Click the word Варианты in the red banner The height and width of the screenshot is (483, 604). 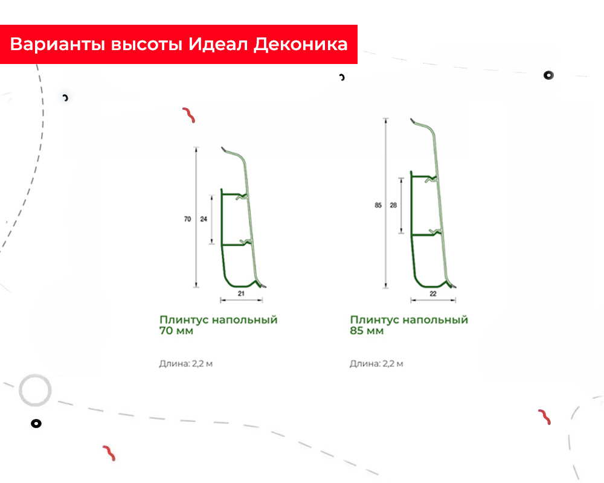[x=57, y=45]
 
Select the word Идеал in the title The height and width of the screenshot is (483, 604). [x=217, y=45]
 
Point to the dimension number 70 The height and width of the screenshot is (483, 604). [x=188, y=219]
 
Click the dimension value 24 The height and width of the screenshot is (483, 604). [x=204, y=219]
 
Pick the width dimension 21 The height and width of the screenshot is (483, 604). [x=241, y=293]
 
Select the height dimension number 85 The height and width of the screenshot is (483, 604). [x=378, y=205]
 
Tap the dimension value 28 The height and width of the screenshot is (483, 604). [x=393, y=205]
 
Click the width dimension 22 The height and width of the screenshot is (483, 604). [x=433, y=294]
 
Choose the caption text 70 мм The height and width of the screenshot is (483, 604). [x=176, y=331]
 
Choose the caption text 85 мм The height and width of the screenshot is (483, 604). [x=367, y=331]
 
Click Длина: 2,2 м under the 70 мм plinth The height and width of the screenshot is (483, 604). [x=185, y=363]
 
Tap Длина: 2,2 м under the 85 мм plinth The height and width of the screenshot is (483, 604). [x=376, y=363]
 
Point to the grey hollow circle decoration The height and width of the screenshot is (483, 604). [x=35, y=390]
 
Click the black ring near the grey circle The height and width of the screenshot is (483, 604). [x=36, y=424]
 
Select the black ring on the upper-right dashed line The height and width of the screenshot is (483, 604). [x=548, y=75]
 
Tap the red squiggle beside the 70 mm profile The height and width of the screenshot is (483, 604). [x=188, y=115]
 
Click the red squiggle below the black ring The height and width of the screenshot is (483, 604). [x=109, y=453]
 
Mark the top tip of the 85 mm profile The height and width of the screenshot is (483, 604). [x=411, y=119]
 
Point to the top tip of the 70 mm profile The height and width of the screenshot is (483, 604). [x=222, y=148]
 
